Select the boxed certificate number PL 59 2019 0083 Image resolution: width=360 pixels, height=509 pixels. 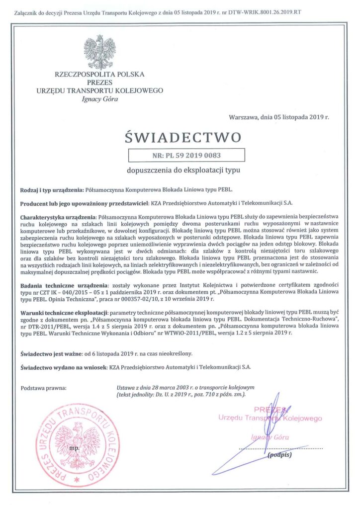(x=186, y=156)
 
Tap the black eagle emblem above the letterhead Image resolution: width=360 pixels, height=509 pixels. (x=99, y=52)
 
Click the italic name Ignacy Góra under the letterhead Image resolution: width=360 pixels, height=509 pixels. (x=99, y=98)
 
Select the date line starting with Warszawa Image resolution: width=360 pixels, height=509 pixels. (x=279, y=117)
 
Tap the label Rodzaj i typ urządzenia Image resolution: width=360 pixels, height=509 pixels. (x=51, y=190)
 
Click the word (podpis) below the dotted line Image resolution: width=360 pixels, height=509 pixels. (x=279, y=455)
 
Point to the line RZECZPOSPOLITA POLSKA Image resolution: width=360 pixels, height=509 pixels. (x=99, y=75)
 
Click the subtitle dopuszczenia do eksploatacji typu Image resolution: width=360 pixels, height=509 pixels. (x=183, y=170)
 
